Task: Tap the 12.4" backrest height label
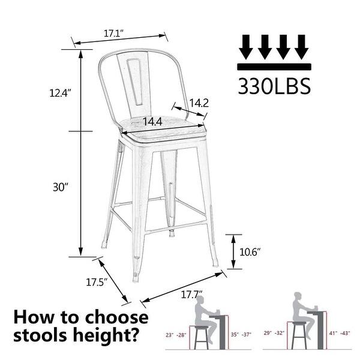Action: tap(61, 93)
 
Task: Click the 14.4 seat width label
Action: tap(152, 122)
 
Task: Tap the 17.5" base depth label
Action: tap(96, 281)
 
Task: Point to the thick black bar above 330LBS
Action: tap(274, 67)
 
